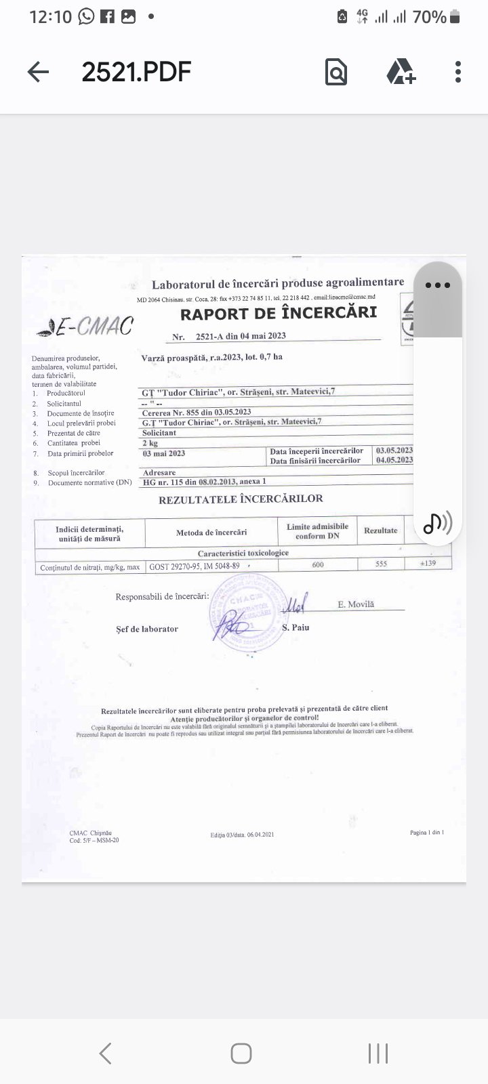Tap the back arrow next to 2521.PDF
point(38,72)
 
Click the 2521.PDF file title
point(136,71)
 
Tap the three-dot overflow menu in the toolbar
point(458,72)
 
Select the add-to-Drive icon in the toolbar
point(401,71)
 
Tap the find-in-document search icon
point(336,72)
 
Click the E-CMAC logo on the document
point(85,327)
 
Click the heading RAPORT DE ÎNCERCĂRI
point(278,313)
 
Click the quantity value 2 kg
point(150,443)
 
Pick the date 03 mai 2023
point(164,453)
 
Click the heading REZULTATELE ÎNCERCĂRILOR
point(241,499)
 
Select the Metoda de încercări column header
point(211,533)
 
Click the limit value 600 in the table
point(318,564)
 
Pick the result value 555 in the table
point(381,564)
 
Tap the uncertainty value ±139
point(428,563)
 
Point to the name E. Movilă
point(356,604)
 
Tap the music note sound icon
point(437,522)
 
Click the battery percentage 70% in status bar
point(429,17)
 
